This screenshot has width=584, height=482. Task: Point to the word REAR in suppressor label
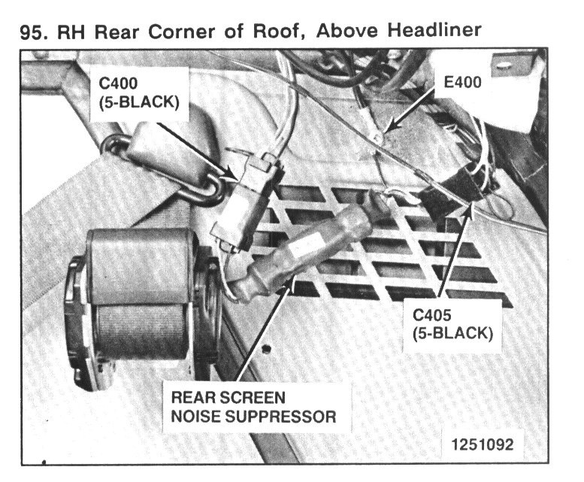(193, 396)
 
